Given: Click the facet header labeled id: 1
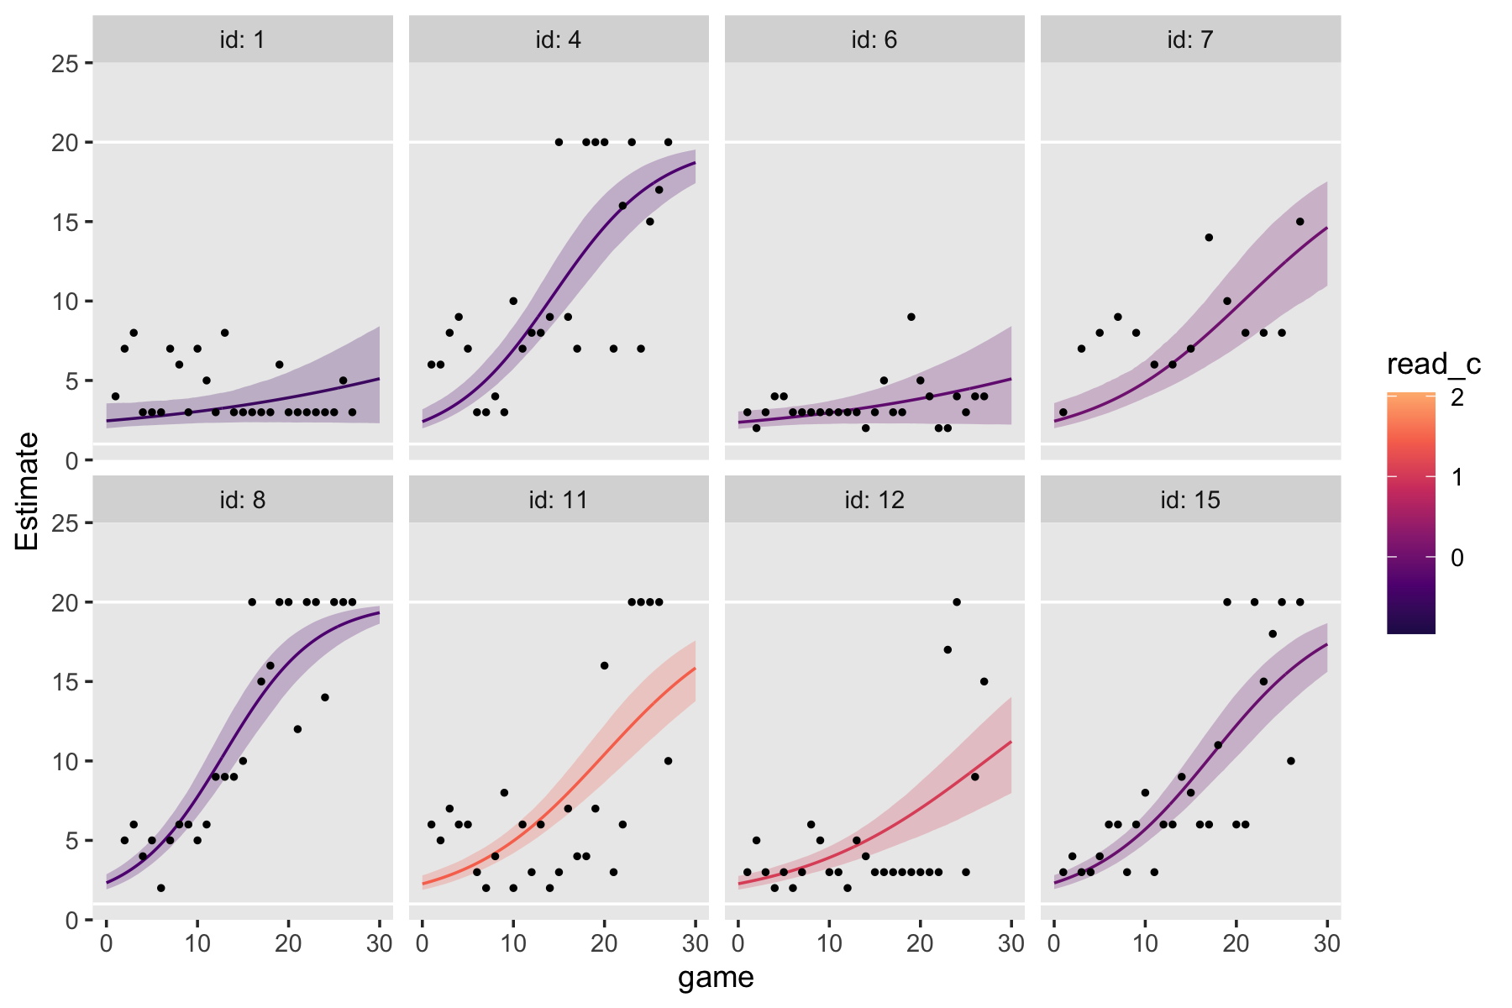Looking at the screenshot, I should pyautogui.click(x=242, y=39).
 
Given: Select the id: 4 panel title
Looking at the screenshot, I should pyautogui.click(x=558, y=39).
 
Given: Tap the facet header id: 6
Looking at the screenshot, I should pyautogui.click(x=874, y=39).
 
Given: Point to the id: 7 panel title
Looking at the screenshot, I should pyautogui.click(x=1189, y=39).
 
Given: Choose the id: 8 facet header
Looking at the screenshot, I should pyautogui.click(x=242, y=500).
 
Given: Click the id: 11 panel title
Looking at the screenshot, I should pyautogui.click(x=558, y=500).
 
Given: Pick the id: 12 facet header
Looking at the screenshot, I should pyautogui.click(x=874, y=500).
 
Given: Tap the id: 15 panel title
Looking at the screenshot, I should pyautogui.click(x=1189, y=500).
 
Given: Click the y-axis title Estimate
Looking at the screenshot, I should pyautogui.click(x=27, y=491).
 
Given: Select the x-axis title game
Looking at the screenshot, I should pyautogui.click(x=716, y=977).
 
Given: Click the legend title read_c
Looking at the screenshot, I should pyautogui.click(x=1433, y=364).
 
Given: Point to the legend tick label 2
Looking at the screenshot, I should pyautogui.click(x=1457, y=397).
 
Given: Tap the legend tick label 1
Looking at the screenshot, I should pyautogui.click(x=1457, y=478).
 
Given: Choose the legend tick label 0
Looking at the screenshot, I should pyautogui.click(x=1457, y=558).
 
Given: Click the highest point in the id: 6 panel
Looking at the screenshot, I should pyautogui.click(x=911, y=317).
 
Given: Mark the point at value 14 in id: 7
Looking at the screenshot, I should pyautogui.click(x=1209, y=237).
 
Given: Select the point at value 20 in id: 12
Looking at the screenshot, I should pyautogui.click(x=956, y=601).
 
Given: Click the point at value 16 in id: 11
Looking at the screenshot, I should pyautogui.click(x=604, y=665).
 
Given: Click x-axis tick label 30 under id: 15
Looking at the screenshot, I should pyautogui.click(x=1327, y=943).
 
